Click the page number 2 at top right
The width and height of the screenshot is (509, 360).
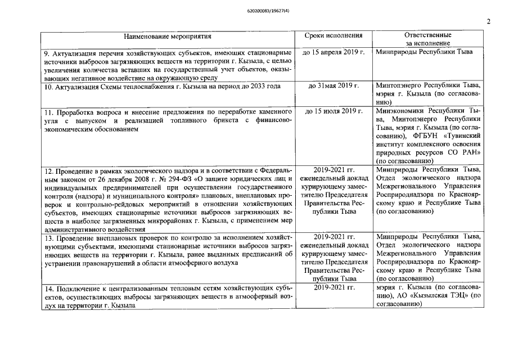488,22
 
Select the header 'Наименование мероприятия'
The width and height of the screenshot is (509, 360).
168,37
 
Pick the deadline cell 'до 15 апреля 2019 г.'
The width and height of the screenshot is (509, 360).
334,52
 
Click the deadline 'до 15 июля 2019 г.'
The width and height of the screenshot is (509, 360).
334,111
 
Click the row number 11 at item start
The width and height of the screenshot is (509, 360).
48,111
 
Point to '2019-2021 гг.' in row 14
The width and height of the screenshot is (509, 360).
334,287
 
